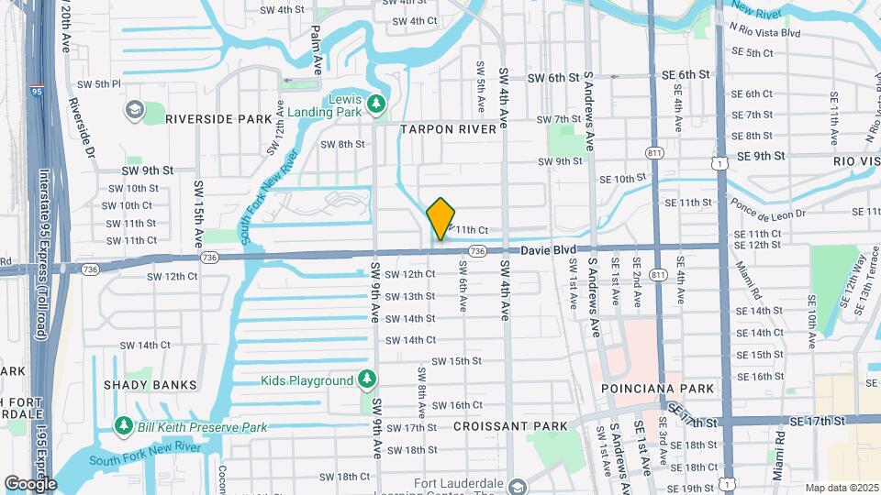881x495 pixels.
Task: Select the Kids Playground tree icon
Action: (x=366, y=379)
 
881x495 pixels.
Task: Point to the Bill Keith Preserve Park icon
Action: (x=123, y=426)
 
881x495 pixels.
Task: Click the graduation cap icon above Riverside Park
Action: (x=135, y=110)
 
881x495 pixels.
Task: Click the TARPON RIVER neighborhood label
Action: (x=448, y=130)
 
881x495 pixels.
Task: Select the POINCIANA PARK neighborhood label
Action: (x=657, y=389)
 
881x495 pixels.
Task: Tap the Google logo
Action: (x=29, y=483)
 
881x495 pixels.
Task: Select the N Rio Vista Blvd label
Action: (x=765, y=32)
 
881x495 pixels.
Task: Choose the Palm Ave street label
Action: (x=318, y=46)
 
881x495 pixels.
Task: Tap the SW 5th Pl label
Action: (x=99, y=84)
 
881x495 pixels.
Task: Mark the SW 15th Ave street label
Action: (x=197, y=214)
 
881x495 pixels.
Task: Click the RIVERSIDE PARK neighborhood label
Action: (x=219, y=119)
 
